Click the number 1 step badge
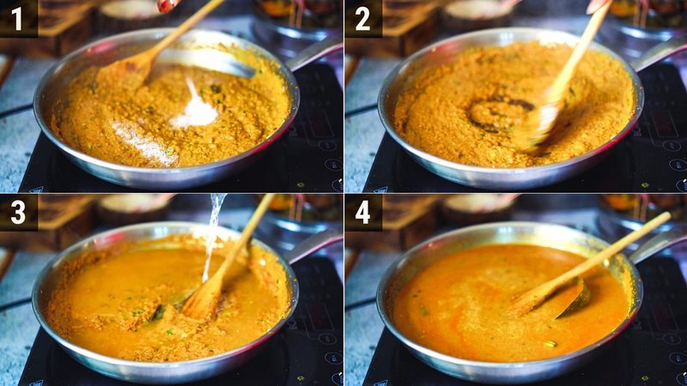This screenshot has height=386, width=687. click(x=17, y=18)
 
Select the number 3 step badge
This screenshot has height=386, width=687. click(x=17, y=212)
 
